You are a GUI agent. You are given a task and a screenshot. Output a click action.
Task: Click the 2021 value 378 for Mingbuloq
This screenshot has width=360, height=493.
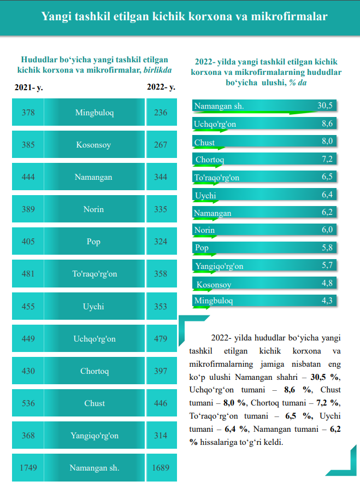28,113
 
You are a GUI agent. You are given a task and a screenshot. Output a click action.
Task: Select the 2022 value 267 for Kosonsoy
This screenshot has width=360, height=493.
161,145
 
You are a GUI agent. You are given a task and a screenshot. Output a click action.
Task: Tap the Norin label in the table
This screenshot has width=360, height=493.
93,209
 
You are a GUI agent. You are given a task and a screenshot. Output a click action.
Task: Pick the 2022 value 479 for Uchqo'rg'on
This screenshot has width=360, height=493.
161,339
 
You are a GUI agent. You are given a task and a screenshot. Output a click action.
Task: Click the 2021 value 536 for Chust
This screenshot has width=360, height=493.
28,403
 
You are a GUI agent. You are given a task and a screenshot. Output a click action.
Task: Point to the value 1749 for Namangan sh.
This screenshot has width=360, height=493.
28,468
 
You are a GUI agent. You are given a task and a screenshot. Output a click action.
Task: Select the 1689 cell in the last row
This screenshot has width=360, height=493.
161,468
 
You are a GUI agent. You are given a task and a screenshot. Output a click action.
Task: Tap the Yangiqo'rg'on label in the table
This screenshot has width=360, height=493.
94,436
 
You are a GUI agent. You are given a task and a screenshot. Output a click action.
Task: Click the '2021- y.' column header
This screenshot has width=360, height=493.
28,87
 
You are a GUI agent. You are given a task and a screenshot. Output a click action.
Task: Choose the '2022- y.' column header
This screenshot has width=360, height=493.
161,87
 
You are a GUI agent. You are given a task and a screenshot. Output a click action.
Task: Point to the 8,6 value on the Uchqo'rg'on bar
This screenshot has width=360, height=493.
327,124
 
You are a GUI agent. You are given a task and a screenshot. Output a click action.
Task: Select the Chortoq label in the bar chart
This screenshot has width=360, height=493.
210,160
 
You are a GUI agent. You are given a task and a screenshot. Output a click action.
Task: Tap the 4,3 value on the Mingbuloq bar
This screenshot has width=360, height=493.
327,301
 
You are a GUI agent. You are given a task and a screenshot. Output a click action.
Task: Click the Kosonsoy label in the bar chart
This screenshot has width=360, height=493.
214,285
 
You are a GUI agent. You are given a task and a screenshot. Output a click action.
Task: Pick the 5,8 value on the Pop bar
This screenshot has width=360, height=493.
327,247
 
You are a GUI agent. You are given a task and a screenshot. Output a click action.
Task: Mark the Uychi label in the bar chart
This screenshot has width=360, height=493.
205,196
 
